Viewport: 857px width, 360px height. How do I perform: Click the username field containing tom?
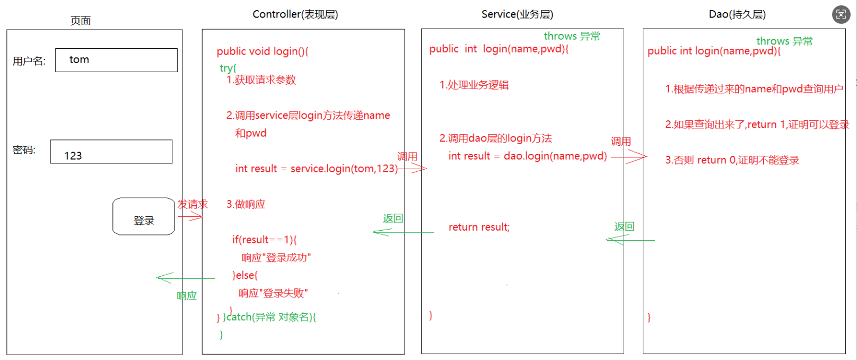(x=116, y=60)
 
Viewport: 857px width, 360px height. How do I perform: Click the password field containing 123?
(x=111, y=152)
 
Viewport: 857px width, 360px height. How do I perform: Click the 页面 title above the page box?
(x=81, y=21)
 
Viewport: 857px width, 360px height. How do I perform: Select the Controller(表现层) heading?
(x=295, y=14)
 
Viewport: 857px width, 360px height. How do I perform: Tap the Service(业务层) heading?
(x=517, y=14)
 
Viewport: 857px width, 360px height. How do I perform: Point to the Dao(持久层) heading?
(x=737, y=14)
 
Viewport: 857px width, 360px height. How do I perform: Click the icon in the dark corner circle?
(x=841, y=14)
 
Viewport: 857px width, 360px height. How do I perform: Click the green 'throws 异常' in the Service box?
(x=572, y=36)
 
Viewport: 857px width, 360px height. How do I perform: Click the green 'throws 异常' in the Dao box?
(x=784, y=41)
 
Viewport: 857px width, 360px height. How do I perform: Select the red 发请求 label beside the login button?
(x=193, y=204)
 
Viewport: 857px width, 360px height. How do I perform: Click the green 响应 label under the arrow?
(x=187, y=296)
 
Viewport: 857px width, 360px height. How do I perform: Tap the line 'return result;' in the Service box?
(x=479, y=227)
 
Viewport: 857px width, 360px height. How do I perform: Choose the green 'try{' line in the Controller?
(x=228, y=68)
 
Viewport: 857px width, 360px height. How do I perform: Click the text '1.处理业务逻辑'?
(x=474, y=85)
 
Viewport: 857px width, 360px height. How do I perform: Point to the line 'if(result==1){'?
(x=265, y=240)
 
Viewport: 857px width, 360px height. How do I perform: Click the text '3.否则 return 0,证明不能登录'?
(x=732, y=160)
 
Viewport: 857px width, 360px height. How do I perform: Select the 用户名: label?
(x=29, y=61)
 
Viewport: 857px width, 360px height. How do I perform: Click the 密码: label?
(x=24, y=150)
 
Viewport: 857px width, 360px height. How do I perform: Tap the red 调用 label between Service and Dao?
(x=620, y=142)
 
